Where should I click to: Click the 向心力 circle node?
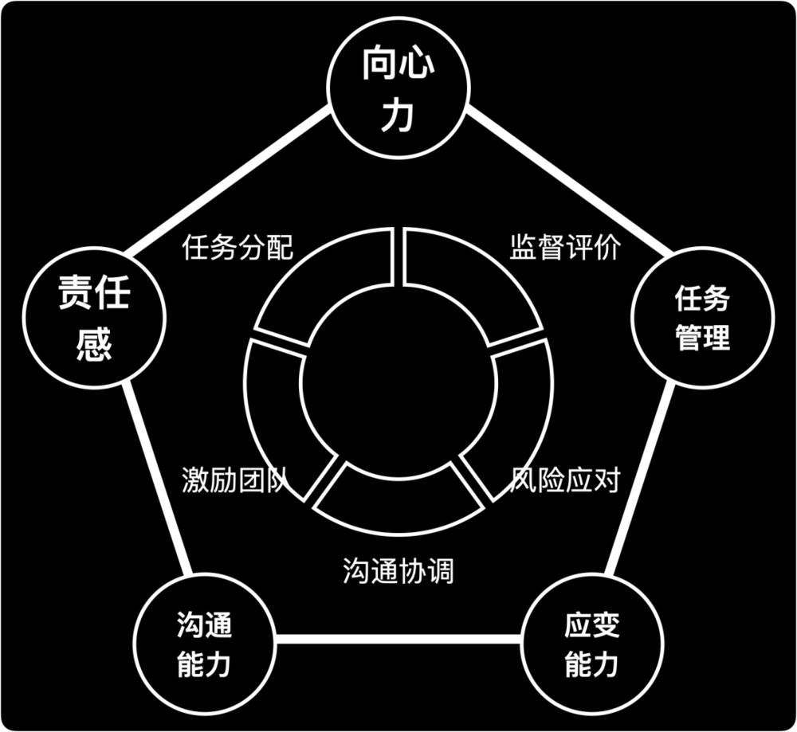(x=398, y=88)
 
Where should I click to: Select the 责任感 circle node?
(x=95, y=318)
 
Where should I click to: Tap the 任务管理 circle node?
(x=702, y=318)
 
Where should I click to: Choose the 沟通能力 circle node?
(x=205, y=644)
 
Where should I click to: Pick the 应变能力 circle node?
(x=592, y=644)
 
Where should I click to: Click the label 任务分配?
(x=238, y=248)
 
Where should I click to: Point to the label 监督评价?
(x=565, y=248)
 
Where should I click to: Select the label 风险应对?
(x=565, y=480)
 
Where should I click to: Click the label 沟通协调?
(x=398, y=570)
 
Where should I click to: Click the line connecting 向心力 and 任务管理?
(x=569, y=180)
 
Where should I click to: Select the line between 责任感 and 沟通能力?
(x=157, y=480)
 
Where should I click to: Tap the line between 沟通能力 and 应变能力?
(x=398, y=638)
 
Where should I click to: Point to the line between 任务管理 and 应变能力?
(x=640, y=480)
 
